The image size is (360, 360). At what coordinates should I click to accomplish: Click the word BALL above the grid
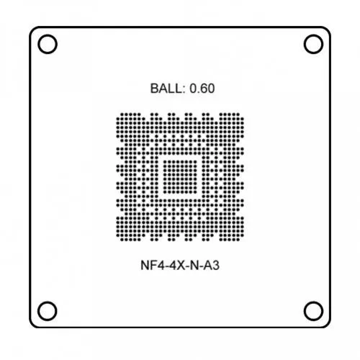[x=166, y=89]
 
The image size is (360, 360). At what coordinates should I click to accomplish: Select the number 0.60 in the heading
[x=202, y=89]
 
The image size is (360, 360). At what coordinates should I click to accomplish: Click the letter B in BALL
[x=154, y=89]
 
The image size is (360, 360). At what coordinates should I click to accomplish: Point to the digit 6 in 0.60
[x=203, y=89]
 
